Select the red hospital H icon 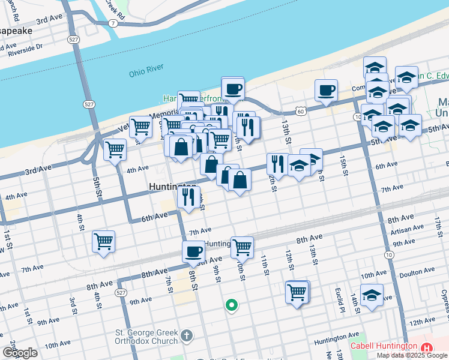(427, 347)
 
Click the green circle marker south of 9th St (231, 305)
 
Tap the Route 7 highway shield (112, 23)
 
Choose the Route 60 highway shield (300, 111)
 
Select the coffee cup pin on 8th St (194, 251)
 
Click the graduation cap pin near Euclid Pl (372, 295)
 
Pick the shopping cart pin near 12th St (297, 292)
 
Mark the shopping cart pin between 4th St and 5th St (103, 241)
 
